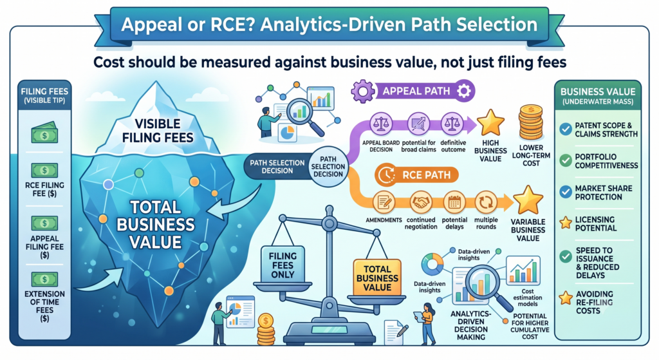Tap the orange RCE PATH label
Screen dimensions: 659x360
416,175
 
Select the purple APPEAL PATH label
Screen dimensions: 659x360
413,91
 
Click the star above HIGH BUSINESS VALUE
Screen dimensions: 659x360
490,123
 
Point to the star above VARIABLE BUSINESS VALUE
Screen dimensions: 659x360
528,200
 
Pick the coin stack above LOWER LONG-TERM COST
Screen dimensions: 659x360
531,122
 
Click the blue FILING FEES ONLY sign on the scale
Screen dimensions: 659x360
283,265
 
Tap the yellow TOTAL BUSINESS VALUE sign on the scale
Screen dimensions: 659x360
377,278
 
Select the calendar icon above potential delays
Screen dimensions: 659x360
454,202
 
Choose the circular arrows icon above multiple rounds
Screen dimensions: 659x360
486,202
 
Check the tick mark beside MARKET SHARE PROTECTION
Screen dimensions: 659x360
566,192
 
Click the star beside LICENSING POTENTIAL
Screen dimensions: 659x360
566,222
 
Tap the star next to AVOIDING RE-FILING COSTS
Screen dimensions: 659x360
566,298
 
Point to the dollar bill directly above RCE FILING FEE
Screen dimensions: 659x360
44,170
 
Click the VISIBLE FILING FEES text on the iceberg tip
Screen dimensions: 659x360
158,131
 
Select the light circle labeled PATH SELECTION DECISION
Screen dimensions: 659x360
328,167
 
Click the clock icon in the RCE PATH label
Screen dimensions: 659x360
385,175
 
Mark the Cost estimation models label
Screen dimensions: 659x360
528,298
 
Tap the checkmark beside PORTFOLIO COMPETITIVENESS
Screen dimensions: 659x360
566,160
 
